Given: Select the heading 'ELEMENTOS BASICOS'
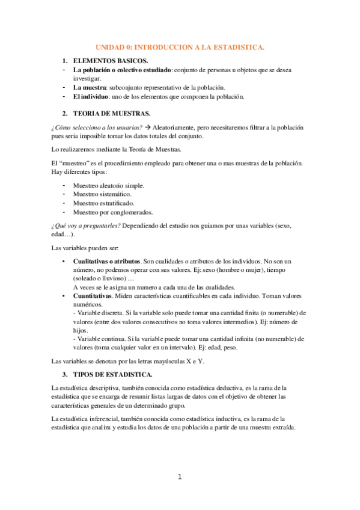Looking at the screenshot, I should click(106, 61).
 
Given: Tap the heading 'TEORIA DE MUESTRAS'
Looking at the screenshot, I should click(108, 113).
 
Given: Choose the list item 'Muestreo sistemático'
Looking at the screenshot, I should click(102, 194).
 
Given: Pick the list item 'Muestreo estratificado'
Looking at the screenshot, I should click(103, 203).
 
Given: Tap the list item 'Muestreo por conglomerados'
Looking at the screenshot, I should click(112, 212).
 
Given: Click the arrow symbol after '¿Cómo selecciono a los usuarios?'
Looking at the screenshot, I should click(148, 127).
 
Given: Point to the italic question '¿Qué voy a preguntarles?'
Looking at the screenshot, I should click(86, 225).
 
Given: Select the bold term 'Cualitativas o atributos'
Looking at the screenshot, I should click(106, 262).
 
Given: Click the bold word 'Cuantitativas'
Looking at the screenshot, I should click(93, 296).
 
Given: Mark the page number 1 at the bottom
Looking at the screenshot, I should click(179, 478).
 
